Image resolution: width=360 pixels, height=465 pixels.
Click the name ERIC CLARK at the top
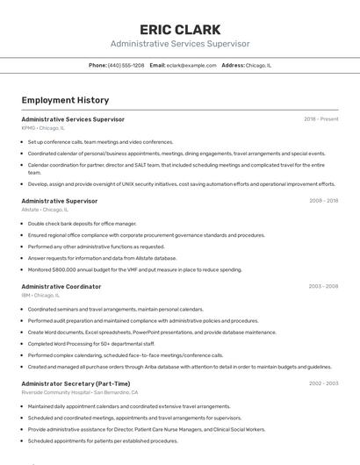(x=180, y=29)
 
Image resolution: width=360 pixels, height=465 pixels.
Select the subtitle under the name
(x=180, y=44)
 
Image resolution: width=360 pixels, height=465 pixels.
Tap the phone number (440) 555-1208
(x=126, y=65)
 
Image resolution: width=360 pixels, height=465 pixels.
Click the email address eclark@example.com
(x=191, y=65)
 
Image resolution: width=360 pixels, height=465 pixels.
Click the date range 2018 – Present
(x=320, y=119)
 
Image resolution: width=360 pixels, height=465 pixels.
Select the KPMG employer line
(x=43, y=128)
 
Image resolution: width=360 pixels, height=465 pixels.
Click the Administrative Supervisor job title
(x=59, y=201)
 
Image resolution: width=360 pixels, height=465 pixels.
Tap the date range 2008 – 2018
(x=323, y=201)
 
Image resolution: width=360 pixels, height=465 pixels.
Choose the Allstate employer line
(x=44, y=210)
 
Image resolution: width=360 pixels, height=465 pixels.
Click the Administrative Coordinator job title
(x=61, y=286)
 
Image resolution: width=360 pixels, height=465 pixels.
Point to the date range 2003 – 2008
(x=323, y=286)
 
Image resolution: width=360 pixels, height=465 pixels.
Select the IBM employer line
(x=40, y=296)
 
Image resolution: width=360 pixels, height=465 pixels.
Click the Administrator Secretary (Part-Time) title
(x=76, y=383)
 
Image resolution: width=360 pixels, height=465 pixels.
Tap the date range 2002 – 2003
(x=323, y=383)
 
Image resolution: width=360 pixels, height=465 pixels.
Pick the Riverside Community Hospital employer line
(x=80, y=392)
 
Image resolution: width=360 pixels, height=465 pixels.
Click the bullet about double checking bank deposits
(x=83, y=224)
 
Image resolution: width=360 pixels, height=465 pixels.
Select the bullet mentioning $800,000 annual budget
(x=134, y=269)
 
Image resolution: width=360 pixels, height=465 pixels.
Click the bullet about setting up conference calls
(x=100, y=141)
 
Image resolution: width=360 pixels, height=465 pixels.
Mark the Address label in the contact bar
(x=233, y=65)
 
